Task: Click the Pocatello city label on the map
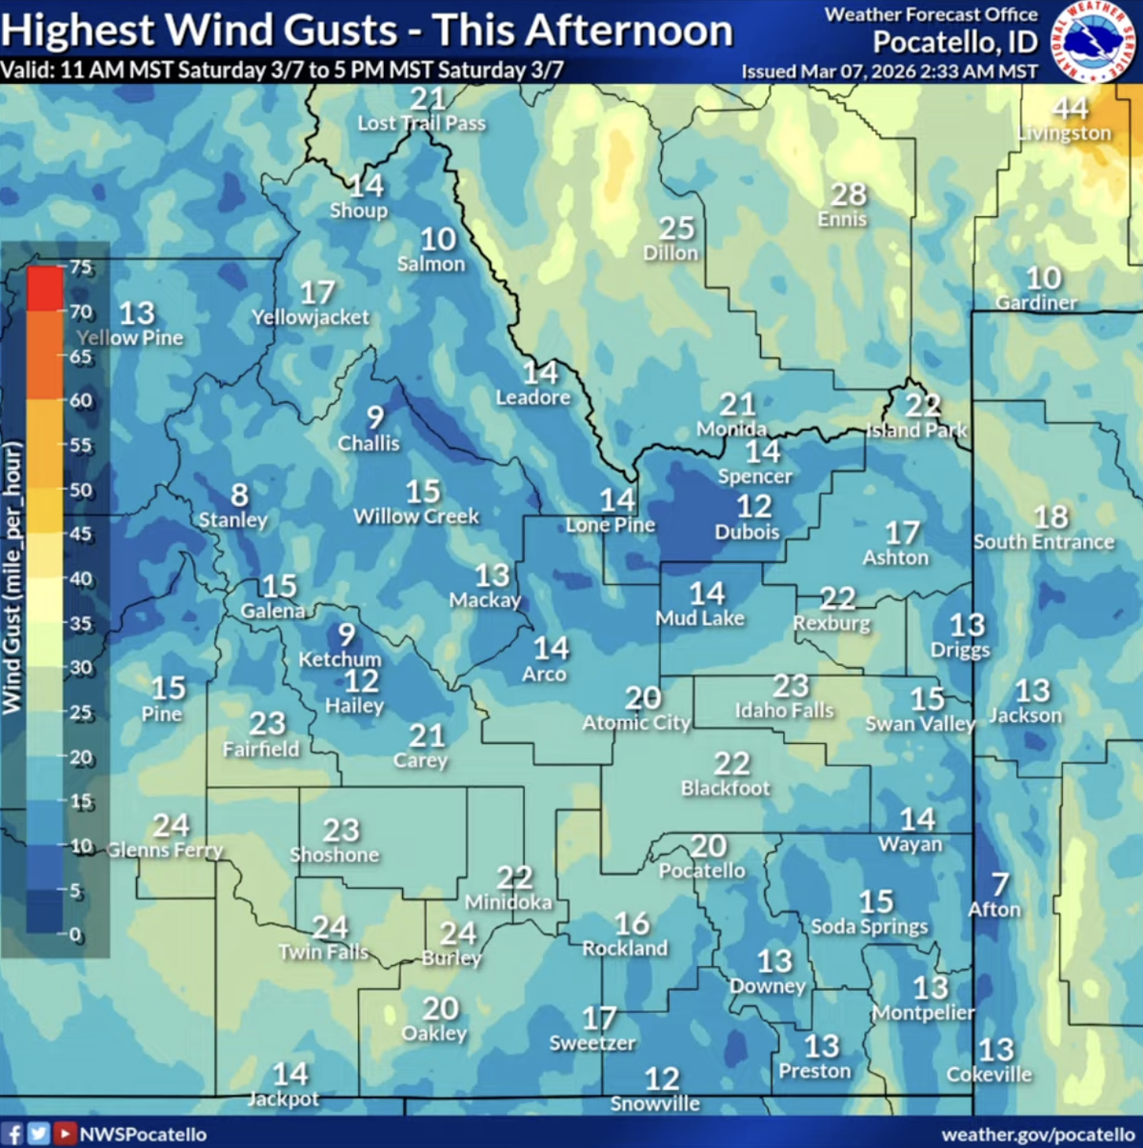pos(702,871)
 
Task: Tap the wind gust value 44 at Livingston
pos(1071,109)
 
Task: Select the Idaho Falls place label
pos(784,711)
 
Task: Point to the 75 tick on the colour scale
pos(82,268)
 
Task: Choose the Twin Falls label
pos(323,952)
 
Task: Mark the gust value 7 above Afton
pos(1000,885)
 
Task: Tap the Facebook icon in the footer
pos(13,1134)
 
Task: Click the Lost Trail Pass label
pos(421,123)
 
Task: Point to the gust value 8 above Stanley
pos(239,495)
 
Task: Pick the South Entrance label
pos(1043,542)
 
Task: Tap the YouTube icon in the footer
pos(65,1134)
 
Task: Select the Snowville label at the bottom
pos(654,1103)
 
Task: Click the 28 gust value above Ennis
pos(848,195)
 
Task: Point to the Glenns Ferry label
pos(165,850)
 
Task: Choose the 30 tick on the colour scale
pos(81,668)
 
